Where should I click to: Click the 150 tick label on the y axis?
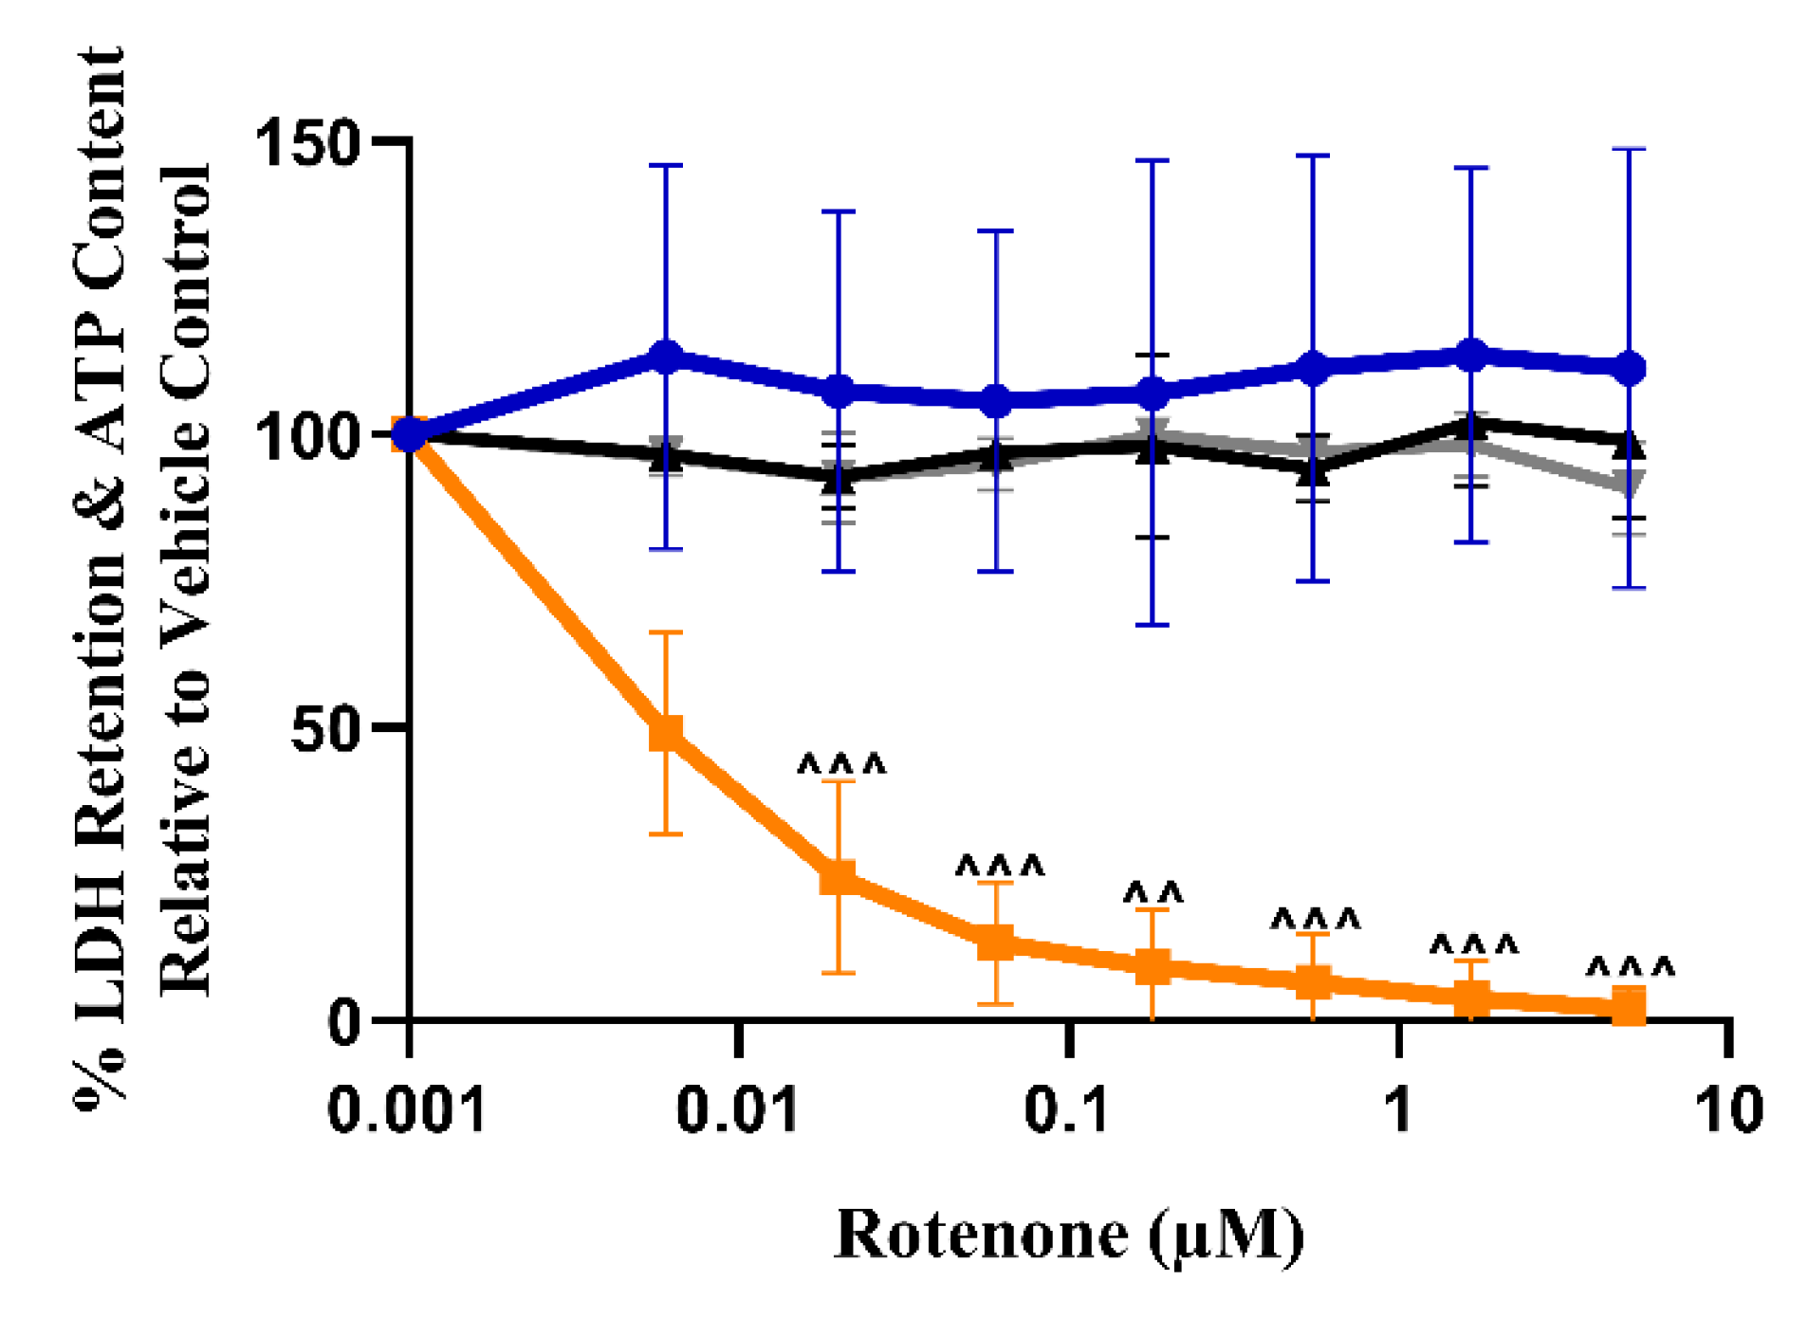(306, 144)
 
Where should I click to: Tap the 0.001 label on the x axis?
(406, 1108)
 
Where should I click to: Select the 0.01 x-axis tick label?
(737, 1108)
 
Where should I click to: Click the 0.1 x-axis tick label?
(1066, 1108)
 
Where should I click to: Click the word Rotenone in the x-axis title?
(982, 1236)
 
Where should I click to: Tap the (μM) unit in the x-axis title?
(1226, 1236)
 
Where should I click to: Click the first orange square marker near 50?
(666, 732)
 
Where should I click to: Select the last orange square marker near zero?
(1629, 1006)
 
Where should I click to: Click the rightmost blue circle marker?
(1629, 368)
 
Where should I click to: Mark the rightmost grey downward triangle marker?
(1629, 485)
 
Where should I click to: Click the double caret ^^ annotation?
(1153, 893)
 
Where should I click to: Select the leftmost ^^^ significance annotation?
(840, 764)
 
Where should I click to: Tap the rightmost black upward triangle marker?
(1629, 442)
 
